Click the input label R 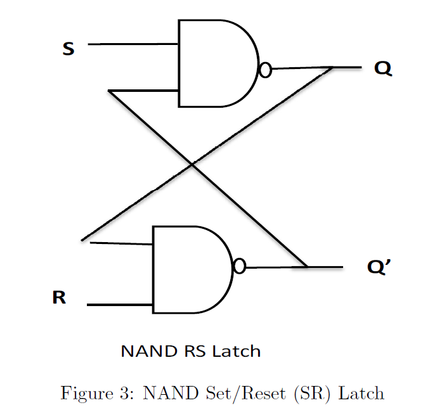pyautogui.click(x=59, y=297)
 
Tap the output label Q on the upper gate pyautogui.click(x=382, y=68)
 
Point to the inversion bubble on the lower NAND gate pyautogui.click(x=239, y=267)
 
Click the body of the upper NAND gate pyautogui.click(x=216, y=63)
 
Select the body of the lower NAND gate pyautogui.click(x=190, y=269)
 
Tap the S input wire pyautogui.click(x=133, y=44)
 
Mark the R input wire pyautogui.click(x=120, y=305)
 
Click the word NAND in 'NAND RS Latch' pyautogui.click(x=145, y=351)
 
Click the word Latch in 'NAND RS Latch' pyautogui.click(x=236, y=351)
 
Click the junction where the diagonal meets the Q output pyautogui.click(x=332, y=68)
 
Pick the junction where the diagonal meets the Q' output pyautogui.click(x=307, y=267)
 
